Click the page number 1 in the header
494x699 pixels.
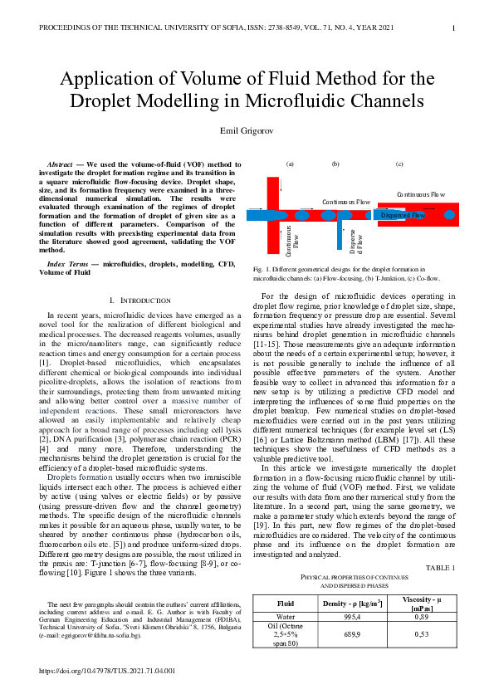click(x=453, y=28)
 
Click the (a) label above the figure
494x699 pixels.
click(x=290, y=164)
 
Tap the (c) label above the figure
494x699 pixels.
click(x=399, y=164)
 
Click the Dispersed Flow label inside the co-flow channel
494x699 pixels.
click(x=403, y=215)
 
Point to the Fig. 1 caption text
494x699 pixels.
click(x=338, y=273)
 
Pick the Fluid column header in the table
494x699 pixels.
click(x=285, y=602)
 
